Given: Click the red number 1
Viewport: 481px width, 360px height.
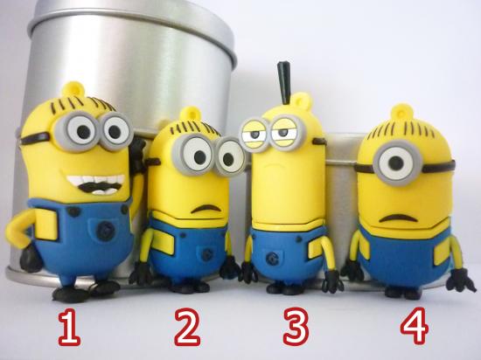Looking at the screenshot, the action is click(x=69, y=327).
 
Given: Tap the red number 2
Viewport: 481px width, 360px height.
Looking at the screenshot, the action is click(x=187, y=327).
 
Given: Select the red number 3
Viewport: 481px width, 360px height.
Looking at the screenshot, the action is click(x=296, y=327).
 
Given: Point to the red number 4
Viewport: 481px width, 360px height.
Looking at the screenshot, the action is click(x=414, y=326).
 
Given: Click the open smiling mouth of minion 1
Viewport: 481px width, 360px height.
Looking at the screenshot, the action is click(x=95, y=183).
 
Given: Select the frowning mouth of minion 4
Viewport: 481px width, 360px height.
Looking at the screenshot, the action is click(x=398, y=218).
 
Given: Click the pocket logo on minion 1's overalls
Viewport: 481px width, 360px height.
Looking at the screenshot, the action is click(x=105, y=231).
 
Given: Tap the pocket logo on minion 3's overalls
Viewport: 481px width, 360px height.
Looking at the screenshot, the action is click(x=272, y=260).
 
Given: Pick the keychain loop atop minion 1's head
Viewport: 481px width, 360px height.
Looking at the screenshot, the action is click(x=73, y=89).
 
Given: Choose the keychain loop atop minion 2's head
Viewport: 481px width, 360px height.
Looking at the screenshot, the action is click(x=190, y=114).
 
